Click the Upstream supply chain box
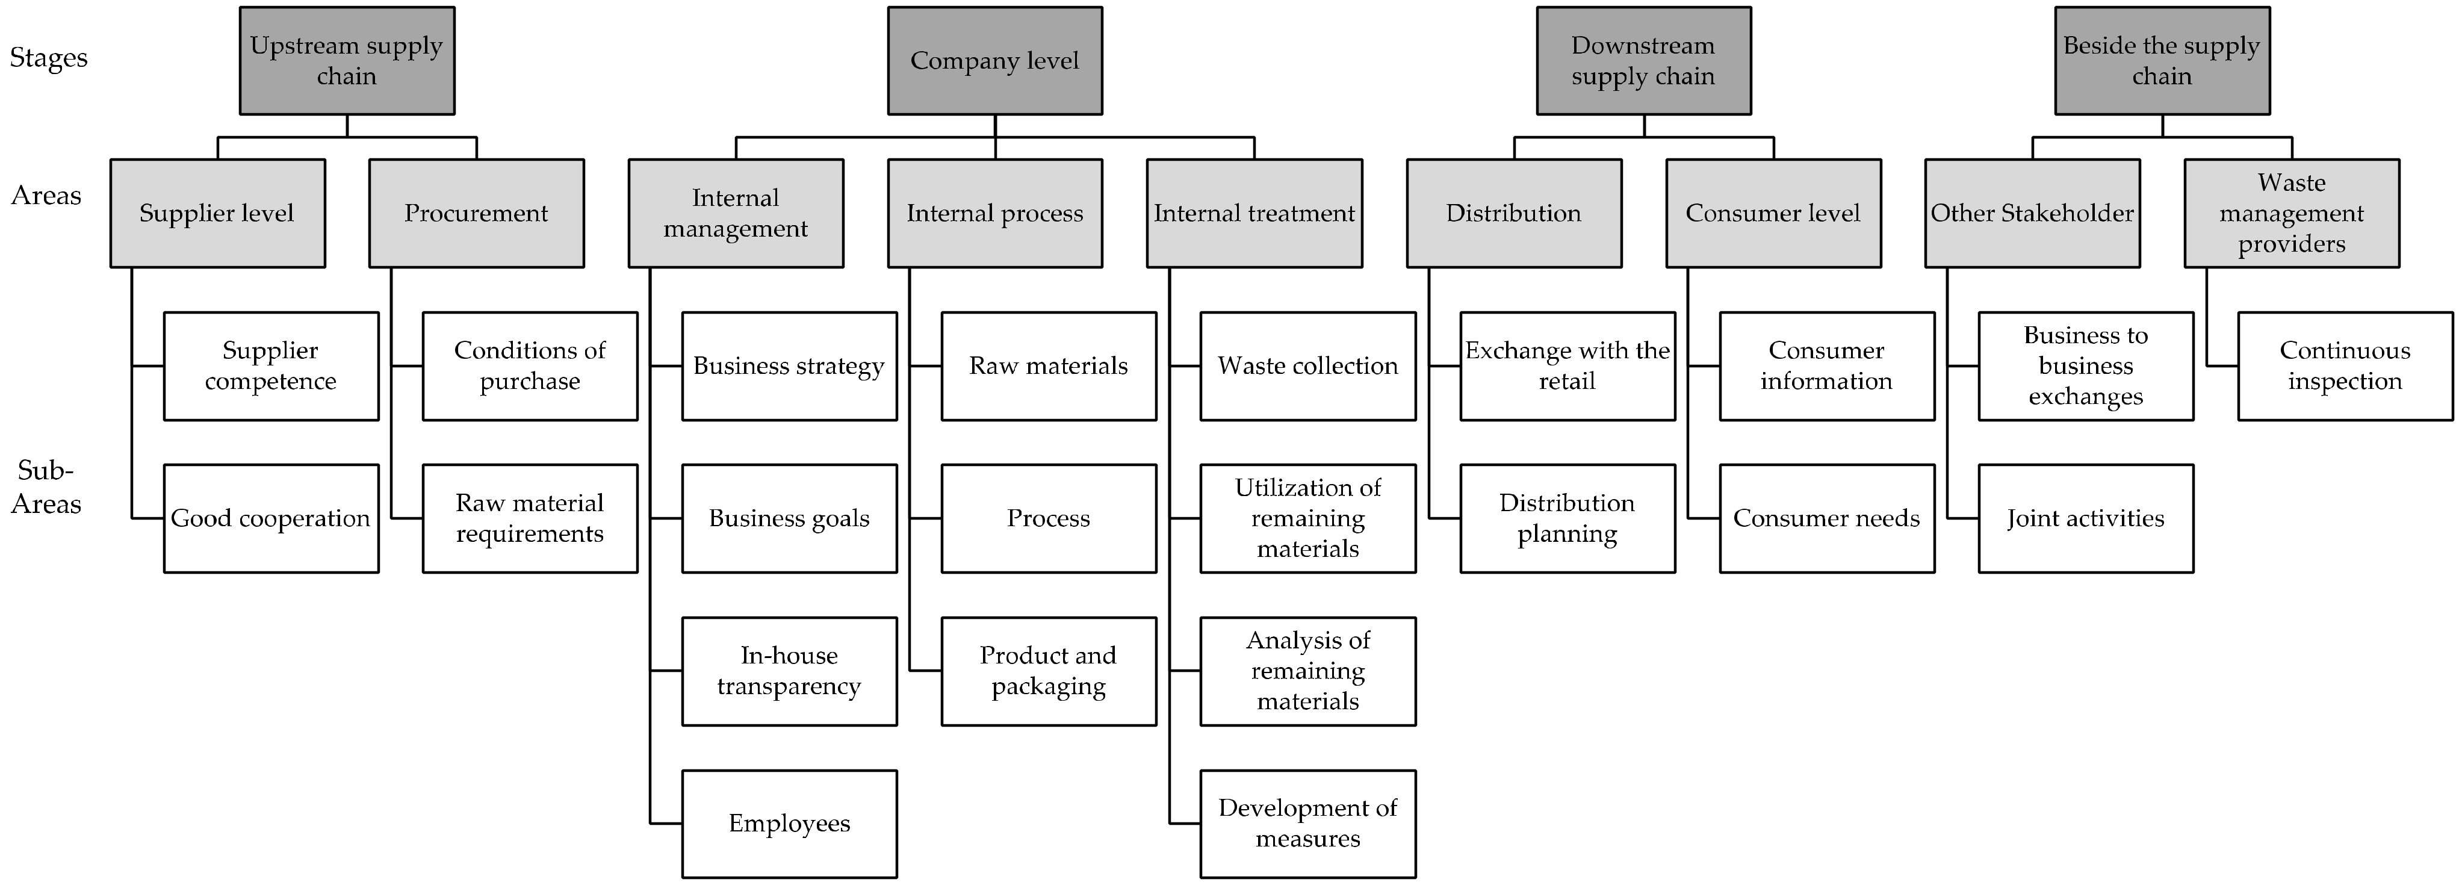click(347, 61)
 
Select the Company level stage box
click(994, 61)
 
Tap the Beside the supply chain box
click(2162, 61)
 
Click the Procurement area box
click(476, 213)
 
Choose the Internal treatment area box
click(1254, 213)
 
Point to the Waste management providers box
click(2291, 213)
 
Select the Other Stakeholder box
click(2032, 213)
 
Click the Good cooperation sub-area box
click(271, 518)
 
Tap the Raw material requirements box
click(530, 518)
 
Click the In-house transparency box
click(789, 671)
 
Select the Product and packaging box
click(1048, 671)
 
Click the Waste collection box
click(1308, 365)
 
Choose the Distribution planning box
click(1567, 518)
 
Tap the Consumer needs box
click(1827, 518)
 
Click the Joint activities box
click(2086, 518)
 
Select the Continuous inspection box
click(2345, 365)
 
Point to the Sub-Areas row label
click(46, 487)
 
